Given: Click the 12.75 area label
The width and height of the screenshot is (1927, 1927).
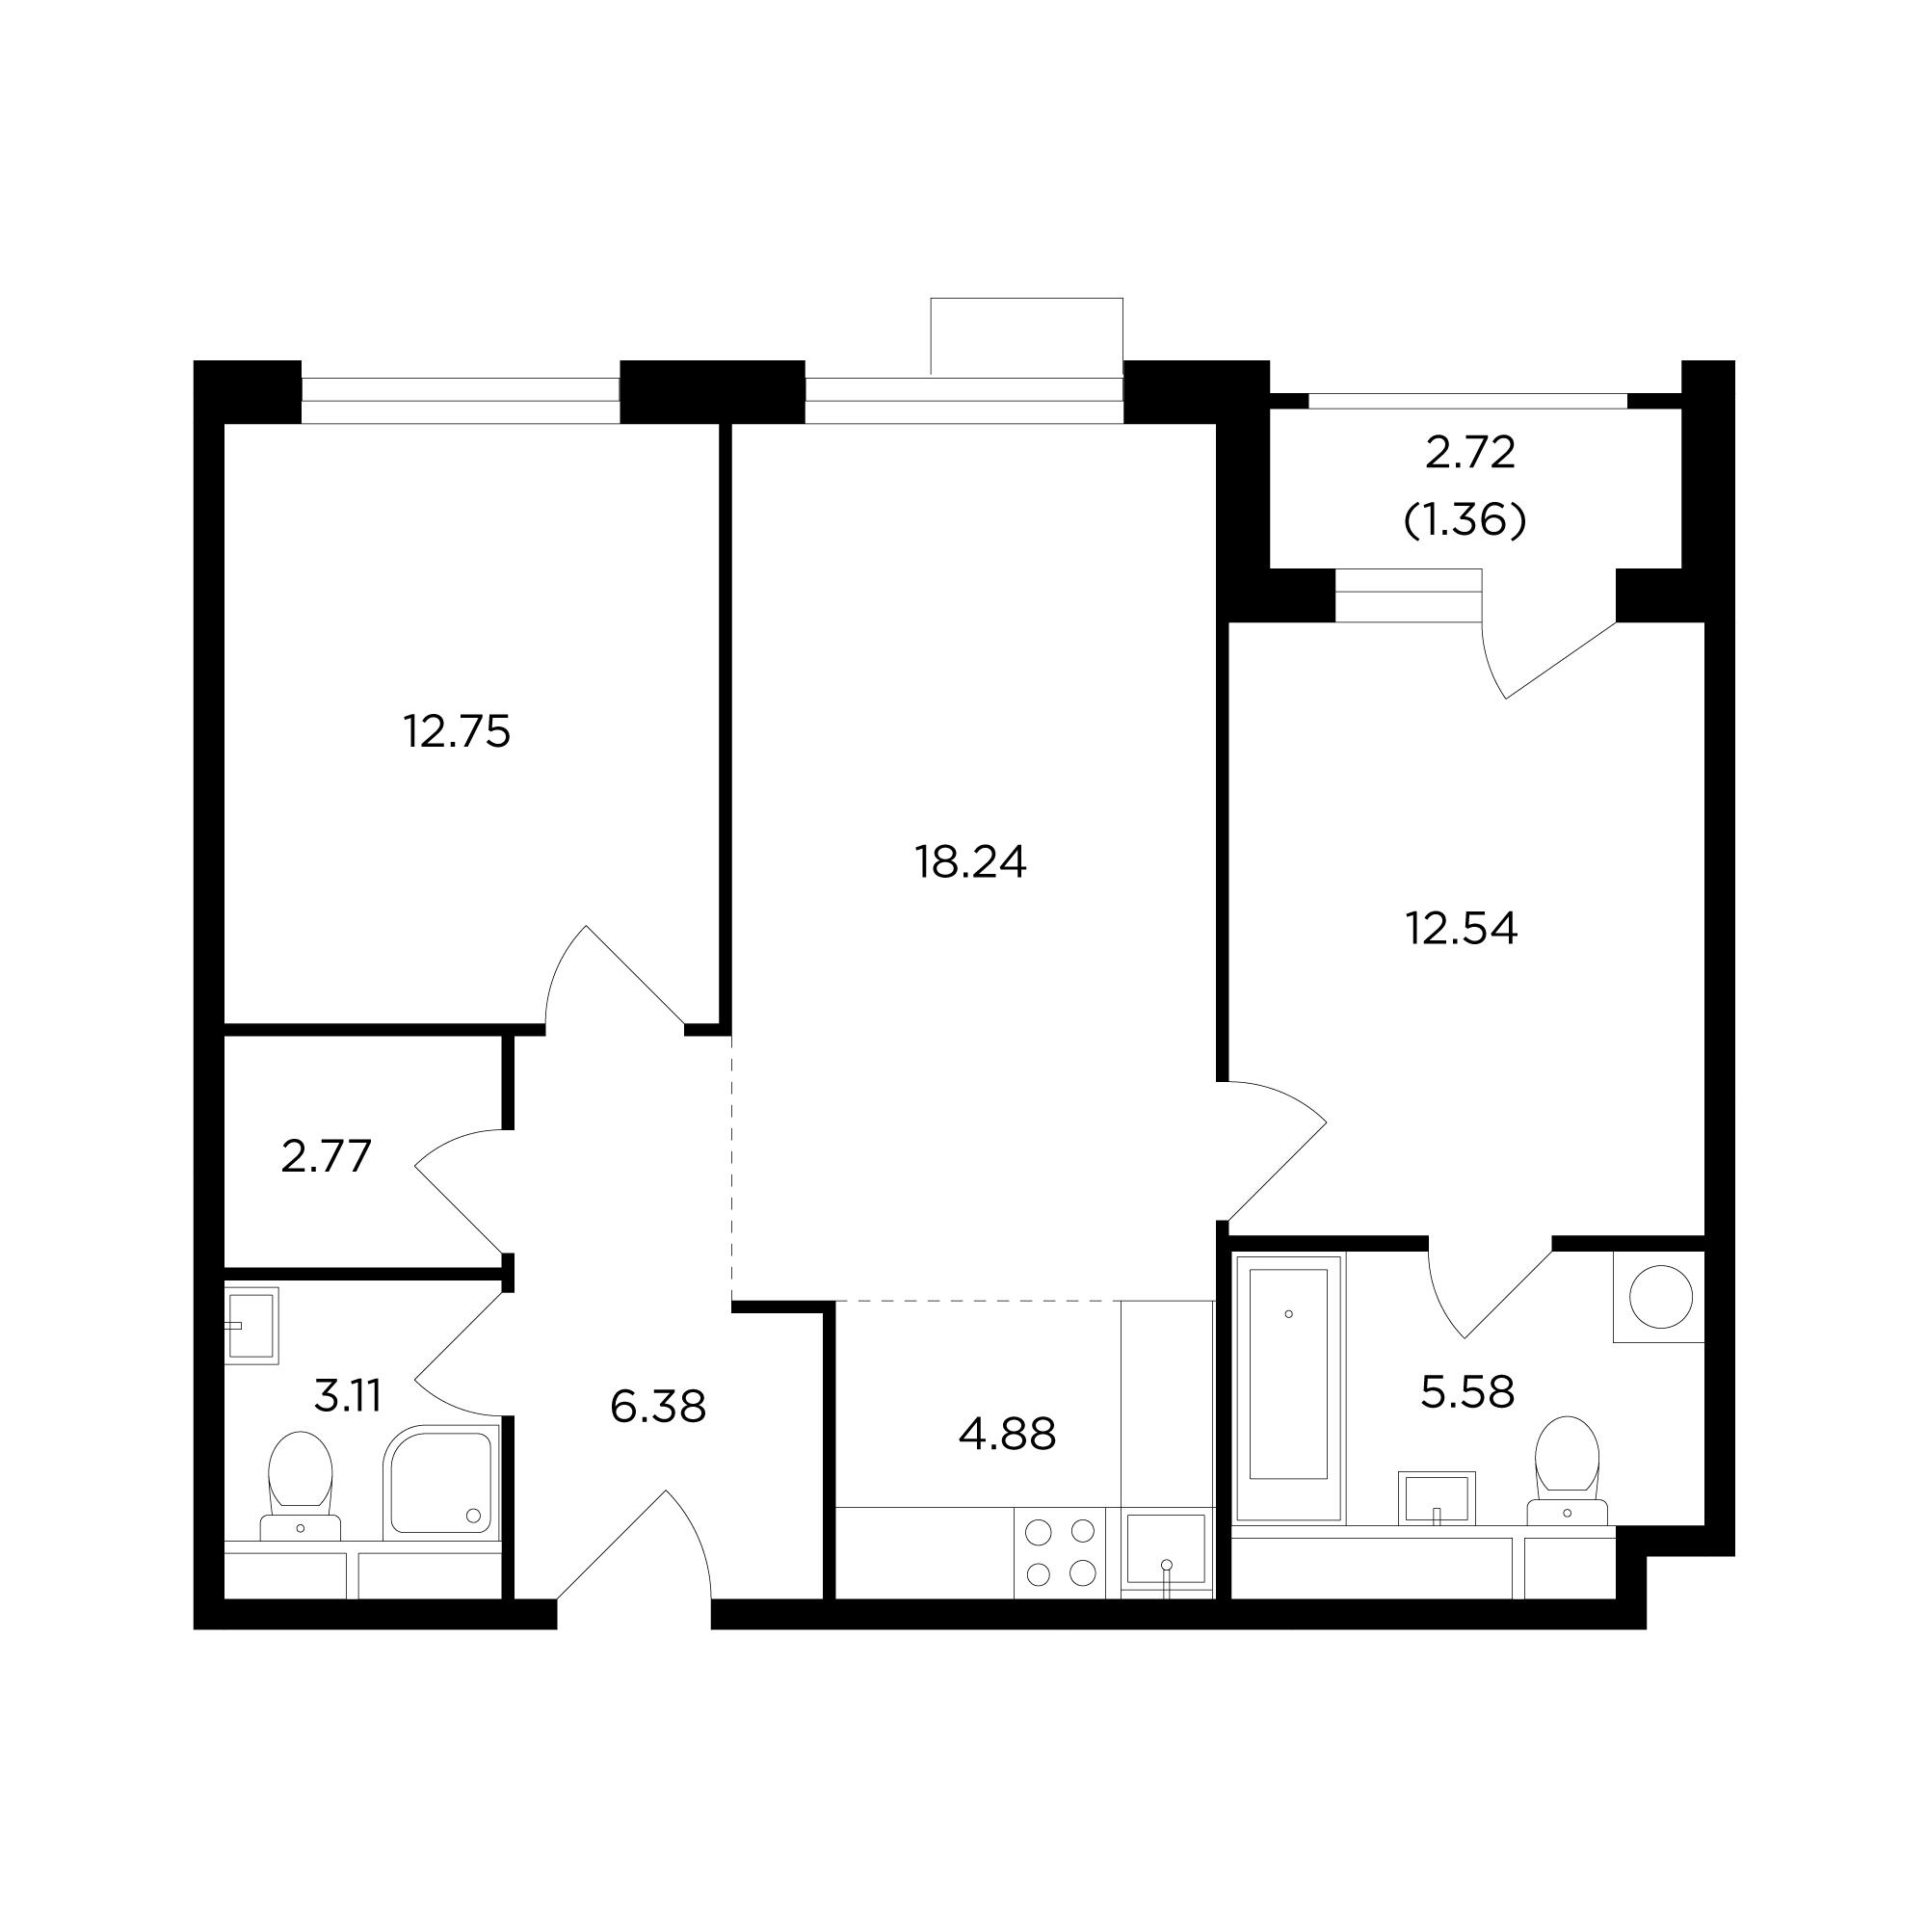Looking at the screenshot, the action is click(457, 732).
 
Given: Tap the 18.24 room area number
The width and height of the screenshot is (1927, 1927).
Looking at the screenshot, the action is click(970, 862).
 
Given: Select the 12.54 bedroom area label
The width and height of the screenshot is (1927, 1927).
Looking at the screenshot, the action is click(1463, 929).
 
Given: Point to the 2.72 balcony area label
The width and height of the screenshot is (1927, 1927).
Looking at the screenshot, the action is click(1470, 454).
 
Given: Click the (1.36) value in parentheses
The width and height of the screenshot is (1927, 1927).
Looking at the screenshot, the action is click(1465, 519).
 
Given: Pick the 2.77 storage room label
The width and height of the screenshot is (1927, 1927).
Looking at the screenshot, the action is click(327, 1157).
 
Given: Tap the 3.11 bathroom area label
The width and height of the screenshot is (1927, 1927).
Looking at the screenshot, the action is click(348, 1396).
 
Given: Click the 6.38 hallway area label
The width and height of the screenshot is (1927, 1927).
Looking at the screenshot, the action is click(658, 1408).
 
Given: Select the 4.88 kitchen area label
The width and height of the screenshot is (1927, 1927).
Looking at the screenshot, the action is click(1008, 1436).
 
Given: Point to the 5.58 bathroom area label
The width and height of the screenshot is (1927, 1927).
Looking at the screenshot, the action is click(1467, 1391).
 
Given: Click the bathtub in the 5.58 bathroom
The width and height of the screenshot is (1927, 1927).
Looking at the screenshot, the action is click(1288, 1386).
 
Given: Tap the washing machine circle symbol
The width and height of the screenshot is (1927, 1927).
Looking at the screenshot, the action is click(1661, 1297).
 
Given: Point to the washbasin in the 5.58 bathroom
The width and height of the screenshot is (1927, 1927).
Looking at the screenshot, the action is click(1437, 1497).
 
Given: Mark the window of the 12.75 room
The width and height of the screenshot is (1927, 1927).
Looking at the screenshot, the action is click(461, 401).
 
